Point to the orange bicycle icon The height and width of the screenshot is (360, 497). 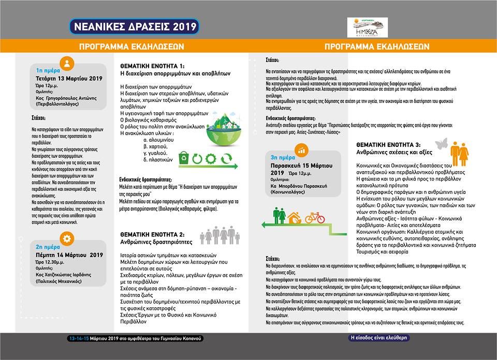point(314,217)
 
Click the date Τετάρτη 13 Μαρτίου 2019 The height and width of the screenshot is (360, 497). point(69,79)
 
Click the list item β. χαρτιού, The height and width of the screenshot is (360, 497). point(155,146)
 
